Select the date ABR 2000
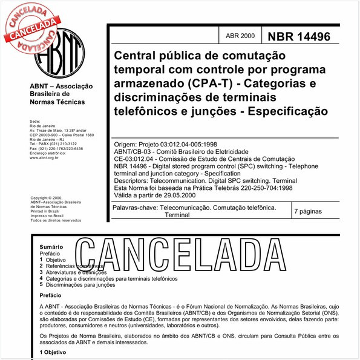(x=240, y=36)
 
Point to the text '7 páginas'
(x=311, y=212)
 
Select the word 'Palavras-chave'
(x=134, y=208)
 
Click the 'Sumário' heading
(x=51, y=248)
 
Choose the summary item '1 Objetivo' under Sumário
(x=57, y=260)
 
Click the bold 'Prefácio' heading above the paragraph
(x=51, y=295)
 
